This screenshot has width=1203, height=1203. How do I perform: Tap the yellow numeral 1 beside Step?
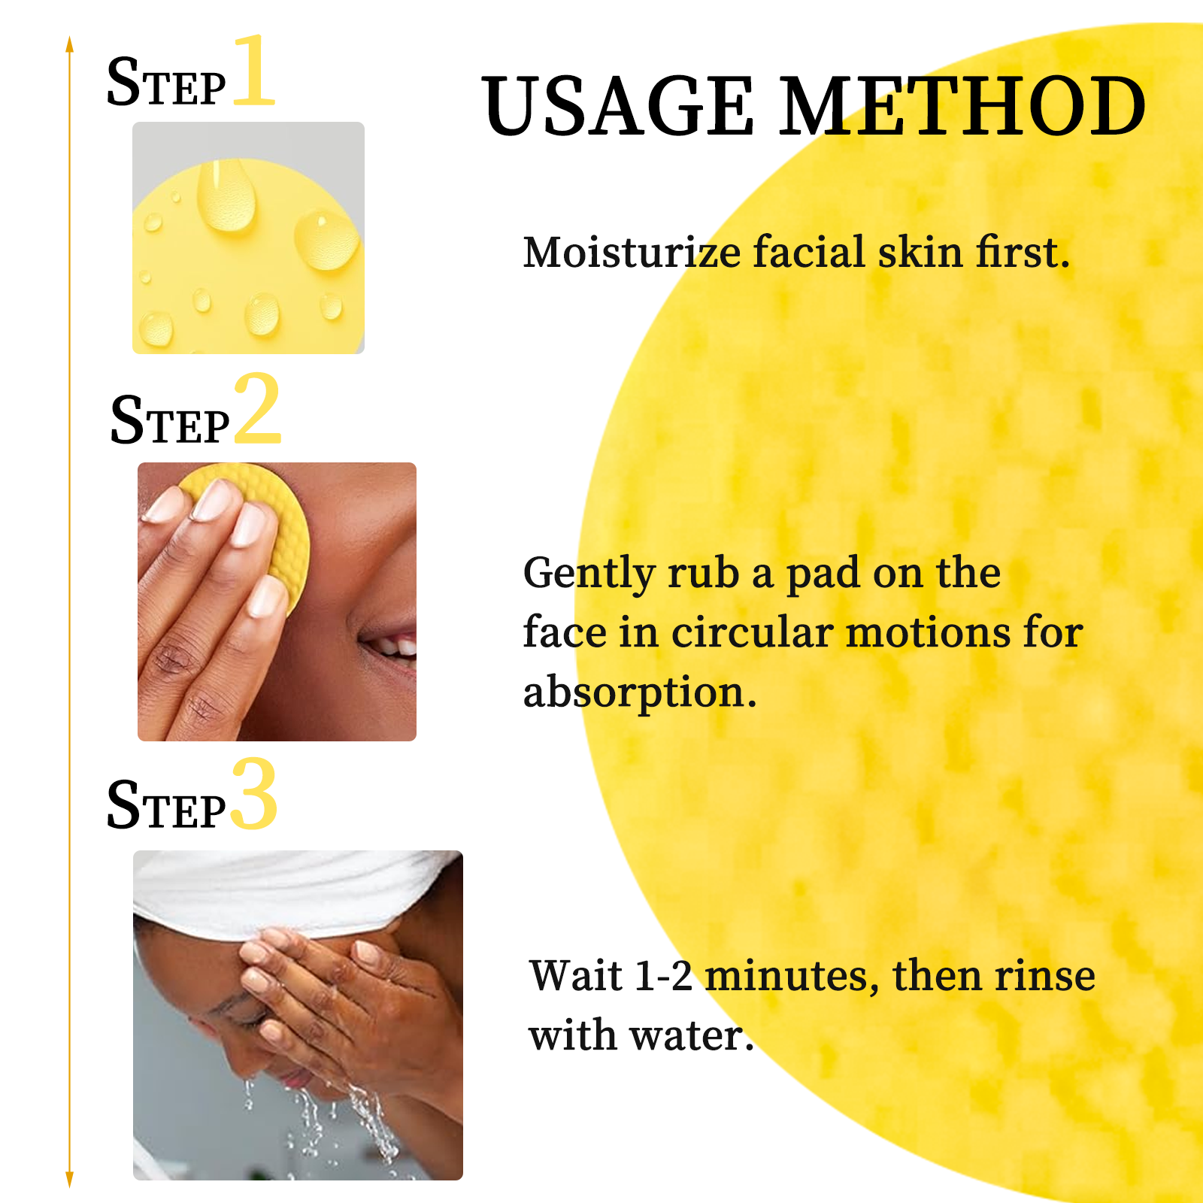pos(254,71)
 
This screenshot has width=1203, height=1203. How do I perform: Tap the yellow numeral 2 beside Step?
pos(257,410)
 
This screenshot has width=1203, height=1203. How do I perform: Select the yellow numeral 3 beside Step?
pos(254,795)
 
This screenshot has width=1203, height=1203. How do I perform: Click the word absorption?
pos(639,692)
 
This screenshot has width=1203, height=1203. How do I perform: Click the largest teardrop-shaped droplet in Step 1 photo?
pos(226,197)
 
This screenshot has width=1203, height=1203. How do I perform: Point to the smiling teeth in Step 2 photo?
pos(395,645)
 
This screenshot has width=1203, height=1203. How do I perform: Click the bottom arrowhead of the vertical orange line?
pos(69,1179)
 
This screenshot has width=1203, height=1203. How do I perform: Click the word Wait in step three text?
pos(575,976)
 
